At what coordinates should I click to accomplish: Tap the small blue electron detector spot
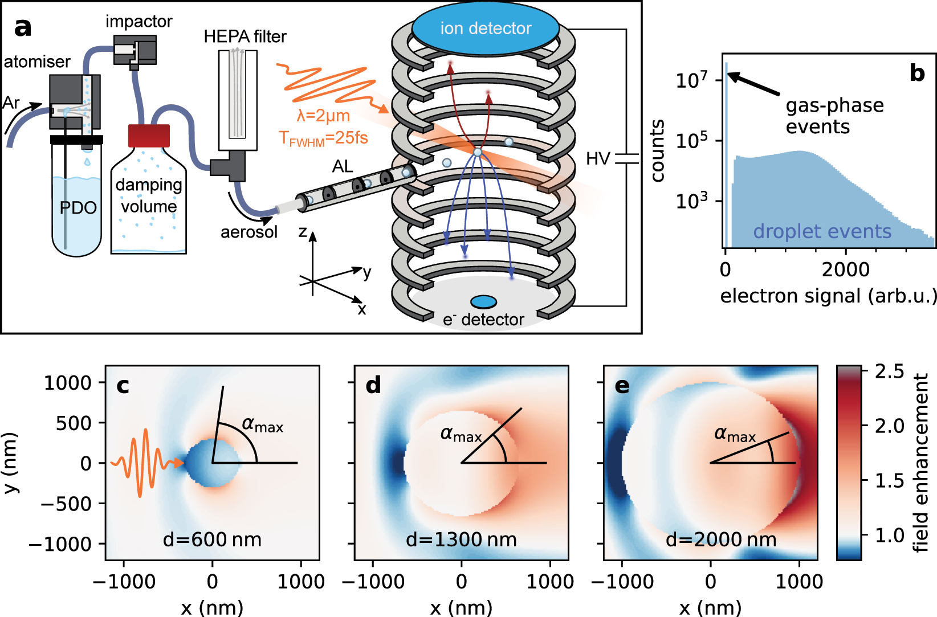[483, 302]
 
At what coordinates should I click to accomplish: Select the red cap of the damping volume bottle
[149, 136]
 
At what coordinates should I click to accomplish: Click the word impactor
[138, 22]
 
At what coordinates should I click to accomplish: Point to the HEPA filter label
[245, 36]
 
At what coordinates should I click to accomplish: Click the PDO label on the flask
[78, 208]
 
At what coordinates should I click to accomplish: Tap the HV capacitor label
[598, 158]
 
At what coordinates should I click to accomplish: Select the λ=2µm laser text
[323, 116]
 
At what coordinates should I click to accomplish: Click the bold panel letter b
[917, 73]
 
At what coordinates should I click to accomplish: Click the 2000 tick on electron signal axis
[845, 269]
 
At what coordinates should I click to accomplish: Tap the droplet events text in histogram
[822, 231]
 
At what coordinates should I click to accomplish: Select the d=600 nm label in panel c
[212, 539]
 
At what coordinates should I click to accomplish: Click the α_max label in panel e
[735, 435]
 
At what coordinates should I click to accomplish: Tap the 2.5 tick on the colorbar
[889, 371]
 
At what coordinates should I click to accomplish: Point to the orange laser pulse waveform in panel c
[142, 463]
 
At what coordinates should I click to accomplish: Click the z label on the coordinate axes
[303, 232]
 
